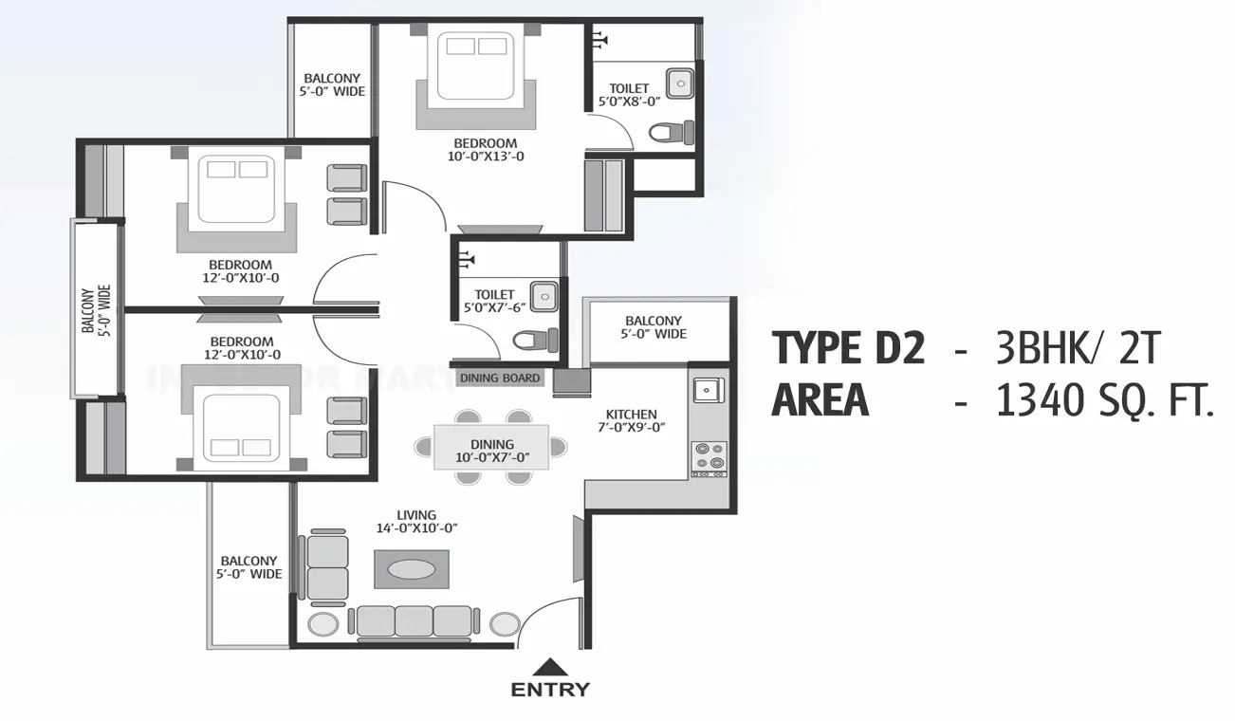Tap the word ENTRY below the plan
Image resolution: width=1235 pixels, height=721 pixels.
(550, 690)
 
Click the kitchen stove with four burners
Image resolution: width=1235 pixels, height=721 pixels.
(710, 458)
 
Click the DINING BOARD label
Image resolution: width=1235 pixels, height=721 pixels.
(500, 378)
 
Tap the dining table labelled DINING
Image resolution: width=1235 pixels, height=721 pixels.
(491, 447)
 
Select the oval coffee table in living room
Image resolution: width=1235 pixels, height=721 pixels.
(414, 569)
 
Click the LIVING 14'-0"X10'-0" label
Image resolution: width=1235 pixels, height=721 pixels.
(417, 522)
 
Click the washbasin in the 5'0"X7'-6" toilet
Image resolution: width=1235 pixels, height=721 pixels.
(543, 295)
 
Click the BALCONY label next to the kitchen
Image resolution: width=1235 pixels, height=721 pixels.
(654, 327)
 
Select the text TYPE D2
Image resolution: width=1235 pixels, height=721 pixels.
(848, 349)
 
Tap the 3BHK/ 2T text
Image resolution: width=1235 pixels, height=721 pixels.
(1078, 349)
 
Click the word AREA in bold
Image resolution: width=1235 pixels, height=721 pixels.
(820, 400)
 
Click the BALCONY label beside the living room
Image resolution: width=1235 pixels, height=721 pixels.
(249, 567)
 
